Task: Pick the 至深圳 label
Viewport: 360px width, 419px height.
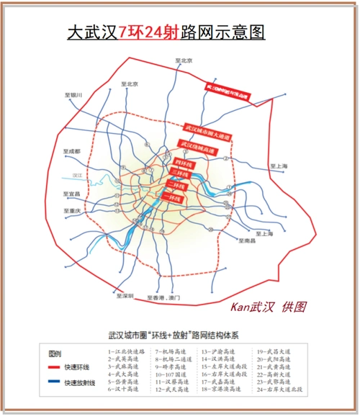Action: pyautogui.click(x=125, y=295)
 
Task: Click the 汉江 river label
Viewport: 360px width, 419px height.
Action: pyautogui.click(x=79, y=175)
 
